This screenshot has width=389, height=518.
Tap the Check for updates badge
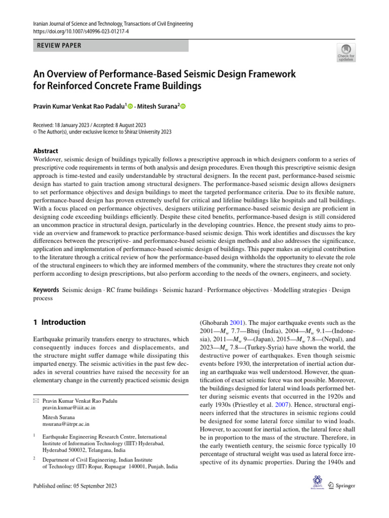(x=345, y=52)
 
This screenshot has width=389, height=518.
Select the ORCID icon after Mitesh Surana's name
(x=183, y=106)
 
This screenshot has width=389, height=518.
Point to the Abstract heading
(x=46, y=151)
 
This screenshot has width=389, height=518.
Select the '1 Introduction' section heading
(x=59, y=322)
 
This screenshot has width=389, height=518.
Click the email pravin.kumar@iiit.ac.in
(x=69, y=407)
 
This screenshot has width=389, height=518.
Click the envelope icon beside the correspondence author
(x=35, y=401)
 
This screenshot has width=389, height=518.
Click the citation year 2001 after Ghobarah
(x=238, y=322)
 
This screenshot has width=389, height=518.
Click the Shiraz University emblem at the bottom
(x=317, y=482)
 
